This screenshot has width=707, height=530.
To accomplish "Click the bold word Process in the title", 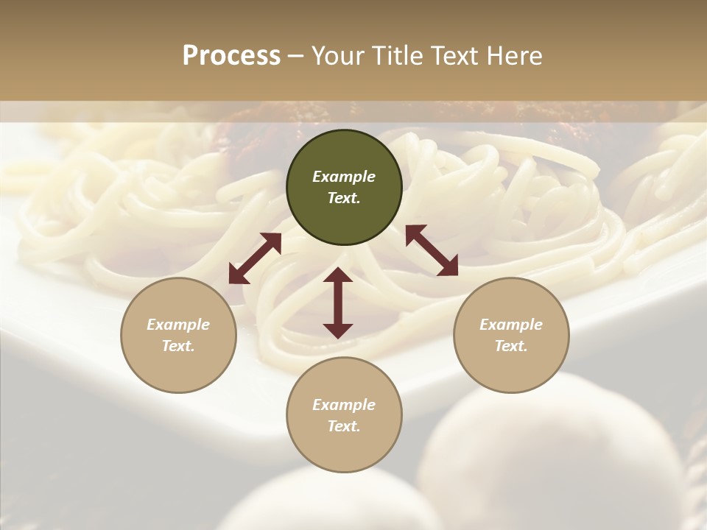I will pos(231,56).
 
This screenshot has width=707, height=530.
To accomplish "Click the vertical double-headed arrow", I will pos(338,303).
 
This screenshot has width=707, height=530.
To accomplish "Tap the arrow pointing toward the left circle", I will pos(255,258).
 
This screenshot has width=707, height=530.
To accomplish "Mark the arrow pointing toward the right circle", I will pos(432,250).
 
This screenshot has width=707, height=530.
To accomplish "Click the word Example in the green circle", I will pos(344,177).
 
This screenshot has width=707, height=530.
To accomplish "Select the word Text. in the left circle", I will pos(178,346).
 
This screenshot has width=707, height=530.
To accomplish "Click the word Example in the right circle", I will pos(511,325).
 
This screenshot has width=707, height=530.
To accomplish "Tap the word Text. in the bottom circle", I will pos(344,426).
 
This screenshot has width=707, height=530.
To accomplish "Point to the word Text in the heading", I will pos(451,56).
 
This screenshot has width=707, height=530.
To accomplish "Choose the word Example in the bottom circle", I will pos(344,405).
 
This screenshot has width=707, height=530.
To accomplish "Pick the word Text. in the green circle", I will pos(344,198).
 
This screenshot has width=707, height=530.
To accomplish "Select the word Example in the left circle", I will pos(178,325).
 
